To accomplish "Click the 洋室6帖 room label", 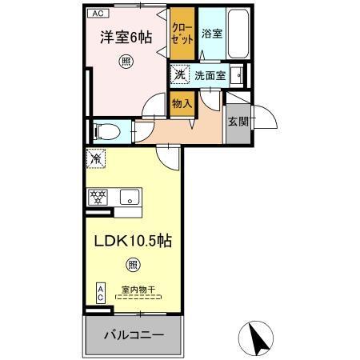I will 125,37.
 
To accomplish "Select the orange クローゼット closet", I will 182,35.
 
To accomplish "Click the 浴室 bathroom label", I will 211,34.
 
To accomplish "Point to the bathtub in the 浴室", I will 238,32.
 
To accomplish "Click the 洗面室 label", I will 210,77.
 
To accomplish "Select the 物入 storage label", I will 182,102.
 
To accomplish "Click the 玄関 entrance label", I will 238,122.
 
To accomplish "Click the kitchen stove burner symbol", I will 98,197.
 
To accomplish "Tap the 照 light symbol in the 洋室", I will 125,62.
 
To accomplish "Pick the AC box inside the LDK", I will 101,293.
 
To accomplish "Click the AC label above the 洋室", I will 95,14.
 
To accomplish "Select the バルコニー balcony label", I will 134,334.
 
